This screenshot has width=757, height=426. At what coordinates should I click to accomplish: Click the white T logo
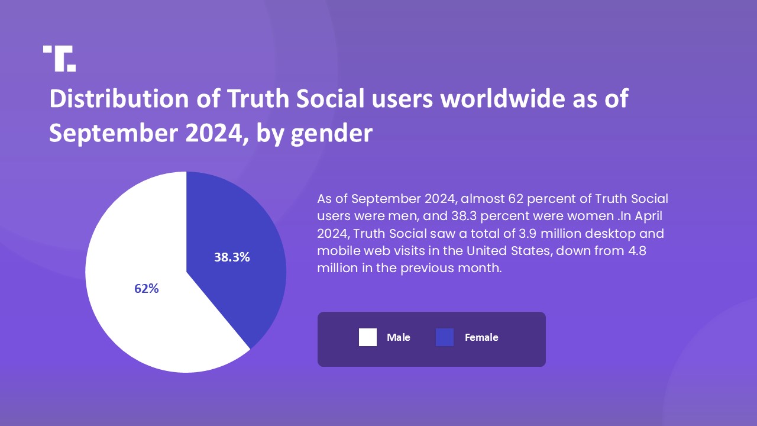[59, 58]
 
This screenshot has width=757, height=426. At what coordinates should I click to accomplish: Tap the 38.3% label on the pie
[232, 257]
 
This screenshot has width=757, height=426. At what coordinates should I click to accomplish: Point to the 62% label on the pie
[147, 289]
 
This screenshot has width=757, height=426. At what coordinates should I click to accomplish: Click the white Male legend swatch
[367, 337]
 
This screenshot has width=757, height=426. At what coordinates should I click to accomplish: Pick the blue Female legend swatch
[444, 337]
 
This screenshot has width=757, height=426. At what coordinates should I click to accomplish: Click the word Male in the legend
[398, 337]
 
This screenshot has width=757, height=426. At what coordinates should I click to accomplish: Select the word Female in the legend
[481, 337]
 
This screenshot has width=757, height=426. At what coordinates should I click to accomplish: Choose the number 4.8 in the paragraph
[637, 251]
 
